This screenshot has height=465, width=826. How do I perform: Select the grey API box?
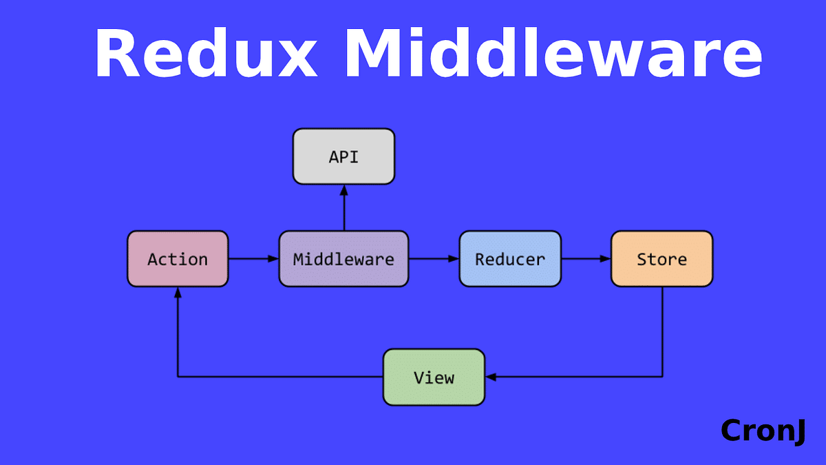pos(343,156)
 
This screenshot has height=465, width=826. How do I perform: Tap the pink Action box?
pos(178,259)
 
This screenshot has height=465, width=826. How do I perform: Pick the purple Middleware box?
pos(343,259)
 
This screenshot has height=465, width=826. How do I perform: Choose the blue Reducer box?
pos(510,259)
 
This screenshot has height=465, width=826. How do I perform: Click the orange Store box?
pos(661,259)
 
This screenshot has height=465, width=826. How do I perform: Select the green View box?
pos(434,377)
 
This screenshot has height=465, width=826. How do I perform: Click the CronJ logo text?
pos(763,431)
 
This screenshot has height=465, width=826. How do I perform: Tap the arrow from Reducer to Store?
pos(586,259)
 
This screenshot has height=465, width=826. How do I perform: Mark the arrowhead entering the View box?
pos(491,377)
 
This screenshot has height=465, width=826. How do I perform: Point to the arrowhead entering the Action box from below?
pos(178,292)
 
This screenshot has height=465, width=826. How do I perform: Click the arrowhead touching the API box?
pos(343,190)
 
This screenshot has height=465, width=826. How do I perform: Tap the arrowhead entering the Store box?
pos(606,259)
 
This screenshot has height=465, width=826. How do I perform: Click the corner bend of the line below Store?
pos(662,377)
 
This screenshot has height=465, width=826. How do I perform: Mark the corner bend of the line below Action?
pos(178,377)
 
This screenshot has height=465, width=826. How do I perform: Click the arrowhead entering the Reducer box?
pos(454,259)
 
